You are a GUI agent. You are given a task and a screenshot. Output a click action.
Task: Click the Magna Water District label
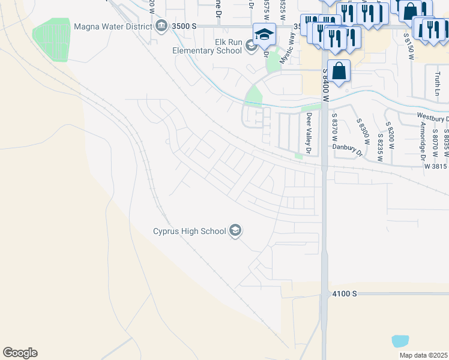tap(112, 26)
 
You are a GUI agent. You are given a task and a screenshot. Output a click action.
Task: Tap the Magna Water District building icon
tap(161, 26)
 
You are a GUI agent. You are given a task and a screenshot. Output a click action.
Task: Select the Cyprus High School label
tap(189, 231)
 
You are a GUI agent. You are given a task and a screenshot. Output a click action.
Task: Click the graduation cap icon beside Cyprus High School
tap(236, 231)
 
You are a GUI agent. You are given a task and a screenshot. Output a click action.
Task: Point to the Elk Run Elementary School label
tap(206, 46)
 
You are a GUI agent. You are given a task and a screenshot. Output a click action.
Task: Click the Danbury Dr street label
tap(348, 149)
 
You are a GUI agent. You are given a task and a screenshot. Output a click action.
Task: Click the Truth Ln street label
tap(437, 83)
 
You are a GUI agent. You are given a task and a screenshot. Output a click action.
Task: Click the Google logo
tap(20, 353)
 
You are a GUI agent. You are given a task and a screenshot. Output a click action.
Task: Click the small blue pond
tap(400, 341)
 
